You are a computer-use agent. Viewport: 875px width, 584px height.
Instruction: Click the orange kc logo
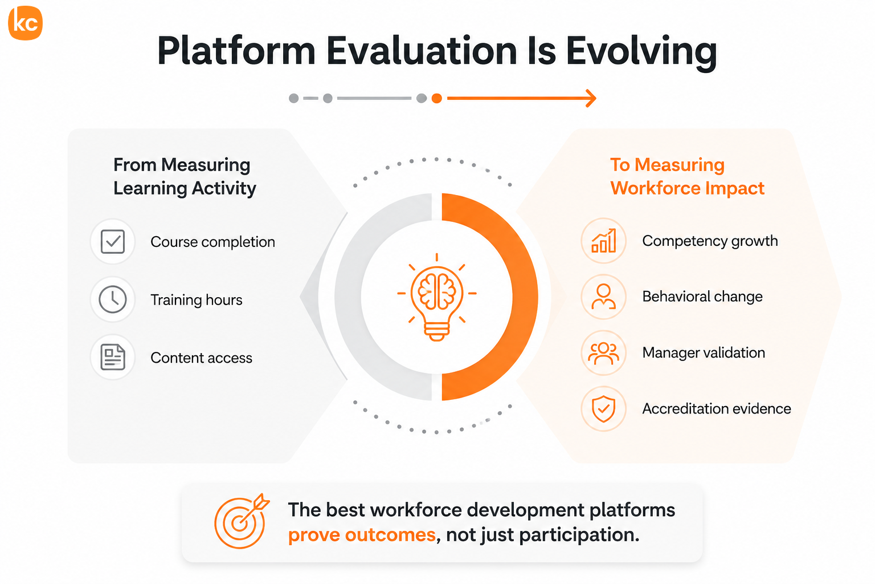[x=26, y=23]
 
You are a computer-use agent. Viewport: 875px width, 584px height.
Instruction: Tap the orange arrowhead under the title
[x=591, y=98]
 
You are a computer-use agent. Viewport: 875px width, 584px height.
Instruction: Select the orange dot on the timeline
[x=437, y=98]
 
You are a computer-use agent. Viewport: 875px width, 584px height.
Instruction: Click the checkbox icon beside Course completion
[x=113, y=242]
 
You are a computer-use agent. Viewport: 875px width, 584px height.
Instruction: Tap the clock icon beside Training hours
[x=113, y=299]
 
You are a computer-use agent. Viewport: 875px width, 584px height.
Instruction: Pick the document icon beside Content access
[x=113, y=357]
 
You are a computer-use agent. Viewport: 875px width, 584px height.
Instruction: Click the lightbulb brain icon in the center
[x=437, y=297]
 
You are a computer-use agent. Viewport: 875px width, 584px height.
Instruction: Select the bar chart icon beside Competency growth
[x=604, y=241]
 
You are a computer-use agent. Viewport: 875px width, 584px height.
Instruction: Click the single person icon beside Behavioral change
[x=603, y=297]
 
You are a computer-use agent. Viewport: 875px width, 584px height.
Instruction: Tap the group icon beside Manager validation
[x=603, y=353]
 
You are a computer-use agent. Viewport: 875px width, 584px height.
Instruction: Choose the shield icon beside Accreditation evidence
[x=603, y=409]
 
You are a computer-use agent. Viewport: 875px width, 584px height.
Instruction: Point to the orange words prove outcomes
[x=362, y=535]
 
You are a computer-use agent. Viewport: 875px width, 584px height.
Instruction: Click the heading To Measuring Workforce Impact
[x=687, y=176]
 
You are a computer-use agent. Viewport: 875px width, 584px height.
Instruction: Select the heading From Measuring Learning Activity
[x=185, y=176]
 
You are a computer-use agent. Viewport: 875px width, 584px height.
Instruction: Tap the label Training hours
[x=197, y=300]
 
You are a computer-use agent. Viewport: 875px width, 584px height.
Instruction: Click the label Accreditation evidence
[x=717, y=409]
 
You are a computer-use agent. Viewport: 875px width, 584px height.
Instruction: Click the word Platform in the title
[x=236, y=52]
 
